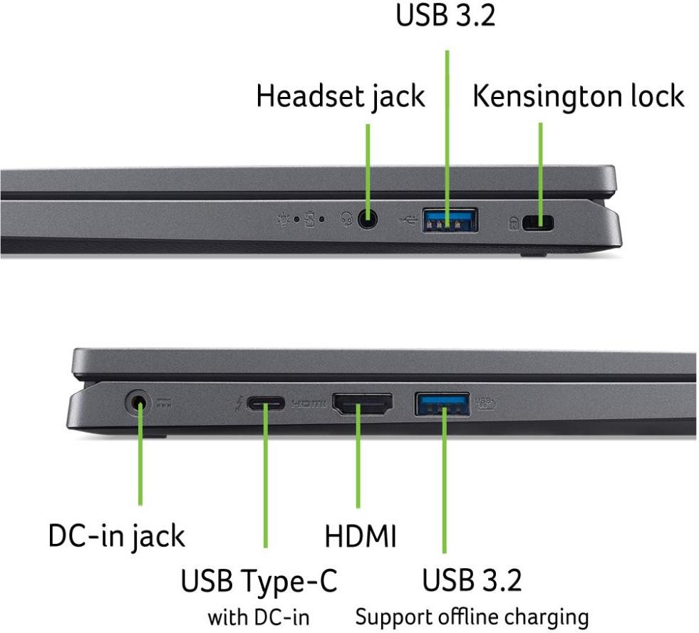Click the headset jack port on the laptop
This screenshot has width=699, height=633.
tap(368, 220)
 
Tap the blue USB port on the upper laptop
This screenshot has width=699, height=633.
tap(450, 220)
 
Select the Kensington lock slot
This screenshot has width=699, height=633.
tap(538, 223)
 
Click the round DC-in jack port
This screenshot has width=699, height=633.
tap(138, 403)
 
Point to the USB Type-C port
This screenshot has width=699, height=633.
tap(266, 403)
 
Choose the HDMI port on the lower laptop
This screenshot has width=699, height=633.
tap(363, 403)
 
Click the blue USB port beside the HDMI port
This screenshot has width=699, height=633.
tap(442, 403)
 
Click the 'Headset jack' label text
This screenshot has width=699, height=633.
tap(341, 97)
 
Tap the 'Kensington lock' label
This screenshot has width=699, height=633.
tap(578, 96)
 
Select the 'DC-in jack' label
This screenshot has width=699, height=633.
tap(116, 536)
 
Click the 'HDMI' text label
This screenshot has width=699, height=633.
tap(361, 536)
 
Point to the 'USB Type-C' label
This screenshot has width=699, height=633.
tap(259, 581)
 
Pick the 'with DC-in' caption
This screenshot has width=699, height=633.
tap(259, 617)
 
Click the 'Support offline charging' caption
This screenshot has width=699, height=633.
tap(472, 618)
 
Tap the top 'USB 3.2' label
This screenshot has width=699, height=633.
tap(445, 15)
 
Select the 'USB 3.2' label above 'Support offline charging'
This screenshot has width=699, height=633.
tap(472, 580)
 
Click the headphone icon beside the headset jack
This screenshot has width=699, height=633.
tap(347, 219)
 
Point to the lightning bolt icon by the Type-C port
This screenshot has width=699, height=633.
tap(239, 403)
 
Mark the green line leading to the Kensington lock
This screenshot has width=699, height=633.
tap(541, 175)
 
